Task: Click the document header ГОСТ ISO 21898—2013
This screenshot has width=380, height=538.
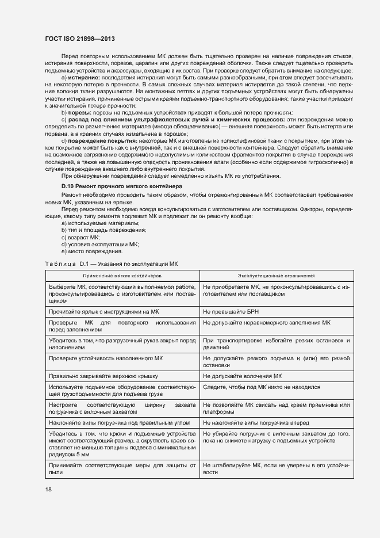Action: [x=80, y=39]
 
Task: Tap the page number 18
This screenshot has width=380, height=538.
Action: [x=48, y=489]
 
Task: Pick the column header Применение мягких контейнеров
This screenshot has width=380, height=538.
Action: [x=121, y=276]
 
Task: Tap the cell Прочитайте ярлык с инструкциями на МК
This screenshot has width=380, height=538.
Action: [x=99, y=311]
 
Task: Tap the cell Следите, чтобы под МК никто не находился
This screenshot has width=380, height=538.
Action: [x=262, y=387]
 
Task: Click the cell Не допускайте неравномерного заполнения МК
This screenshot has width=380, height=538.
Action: [x=267, y=323]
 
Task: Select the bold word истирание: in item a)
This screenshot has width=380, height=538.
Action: [x=85, y=77]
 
